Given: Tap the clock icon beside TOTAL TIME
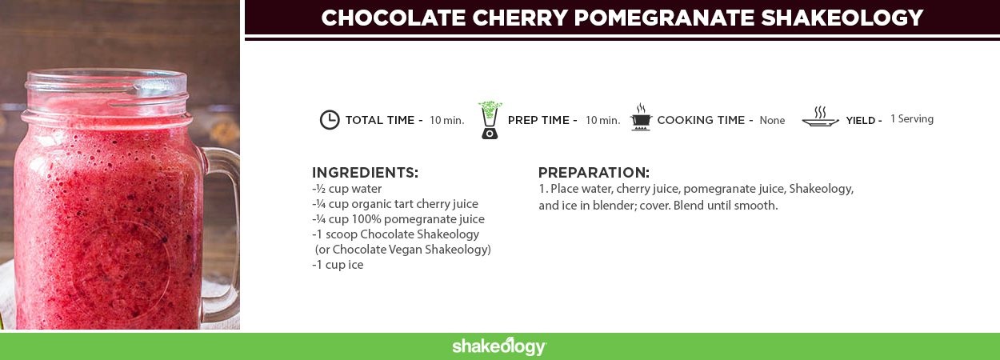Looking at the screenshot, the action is [x=330, y=120].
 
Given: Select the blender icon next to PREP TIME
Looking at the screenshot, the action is [x=490, y=120].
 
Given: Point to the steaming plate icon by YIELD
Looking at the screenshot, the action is [x=820, y=117].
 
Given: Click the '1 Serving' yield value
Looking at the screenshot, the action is [x=912, y=119].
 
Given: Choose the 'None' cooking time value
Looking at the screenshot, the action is [x=772, y=120].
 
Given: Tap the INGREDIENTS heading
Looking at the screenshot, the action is [x=365, y=173].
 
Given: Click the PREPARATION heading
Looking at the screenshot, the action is [x=594, y=173].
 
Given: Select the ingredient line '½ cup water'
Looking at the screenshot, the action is [x=347, y=189].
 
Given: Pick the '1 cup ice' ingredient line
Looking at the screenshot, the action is [x=338, y=265].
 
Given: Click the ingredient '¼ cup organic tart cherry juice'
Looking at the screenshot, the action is [x=395, y=204].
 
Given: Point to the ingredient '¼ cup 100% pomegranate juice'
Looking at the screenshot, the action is [x=398, y=219].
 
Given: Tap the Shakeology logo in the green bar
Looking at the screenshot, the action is [x=499, y=346].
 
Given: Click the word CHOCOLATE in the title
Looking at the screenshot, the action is [x=394, y=18].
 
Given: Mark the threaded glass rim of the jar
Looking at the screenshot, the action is [x=106, y=96].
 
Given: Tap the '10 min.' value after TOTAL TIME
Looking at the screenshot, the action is [x=447, y=120].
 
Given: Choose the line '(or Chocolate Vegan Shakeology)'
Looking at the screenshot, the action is [x=402, y=250].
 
